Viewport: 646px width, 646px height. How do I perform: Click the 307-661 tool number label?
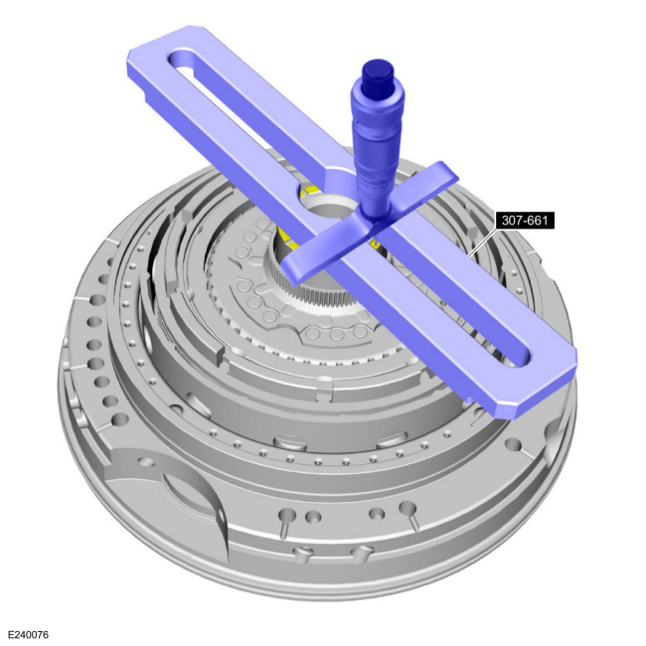pos(525,221)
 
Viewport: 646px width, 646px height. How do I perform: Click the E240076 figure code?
pos(29,634)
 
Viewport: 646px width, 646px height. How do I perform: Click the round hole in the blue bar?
pos(325,203)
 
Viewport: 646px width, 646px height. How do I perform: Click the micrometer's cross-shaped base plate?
pos(368,231)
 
